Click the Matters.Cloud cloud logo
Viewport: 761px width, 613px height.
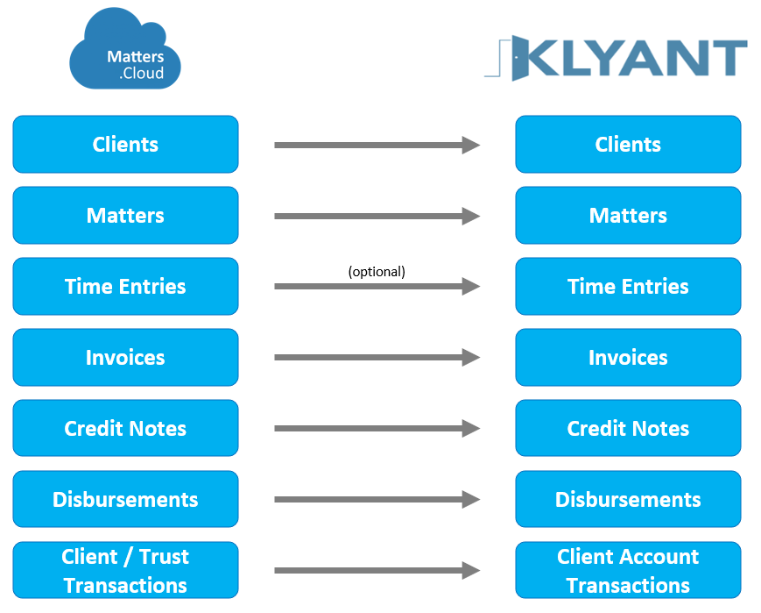click(125, 48)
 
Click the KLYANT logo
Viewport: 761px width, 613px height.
click(616, 58)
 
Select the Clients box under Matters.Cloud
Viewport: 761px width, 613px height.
click(126, 145)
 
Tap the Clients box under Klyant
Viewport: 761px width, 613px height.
click(628, 145)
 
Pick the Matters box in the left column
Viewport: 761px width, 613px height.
click(126, 216)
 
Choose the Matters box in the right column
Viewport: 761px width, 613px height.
click(628, 216)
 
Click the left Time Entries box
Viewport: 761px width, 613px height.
click(126, 286)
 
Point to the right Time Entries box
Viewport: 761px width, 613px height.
click(628, 286)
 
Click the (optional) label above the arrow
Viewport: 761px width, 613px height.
click(377, 271)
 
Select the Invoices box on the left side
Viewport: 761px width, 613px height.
click(126, 357)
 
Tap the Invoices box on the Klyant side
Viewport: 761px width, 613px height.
click(628, 357)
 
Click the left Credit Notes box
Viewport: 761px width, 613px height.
click(126, 428)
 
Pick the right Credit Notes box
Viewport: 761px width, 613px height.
click(628, 428)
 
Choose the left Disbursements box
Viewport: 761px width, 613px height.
click(126, 499)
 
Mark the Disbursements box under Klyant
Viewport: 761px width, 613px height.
click(628, 499)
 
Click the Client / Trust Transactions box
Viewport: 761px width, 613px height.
click(126, 570)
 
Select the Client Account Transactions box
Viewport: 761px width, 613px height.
click(628, 570)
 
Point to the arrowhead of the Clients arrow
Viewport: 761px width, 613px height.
click(480, 145)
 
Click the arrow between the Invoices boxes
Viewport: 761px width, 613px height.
click(377, 357)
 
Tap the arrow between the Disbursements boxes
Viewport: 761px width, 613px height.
click(377, 499)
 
